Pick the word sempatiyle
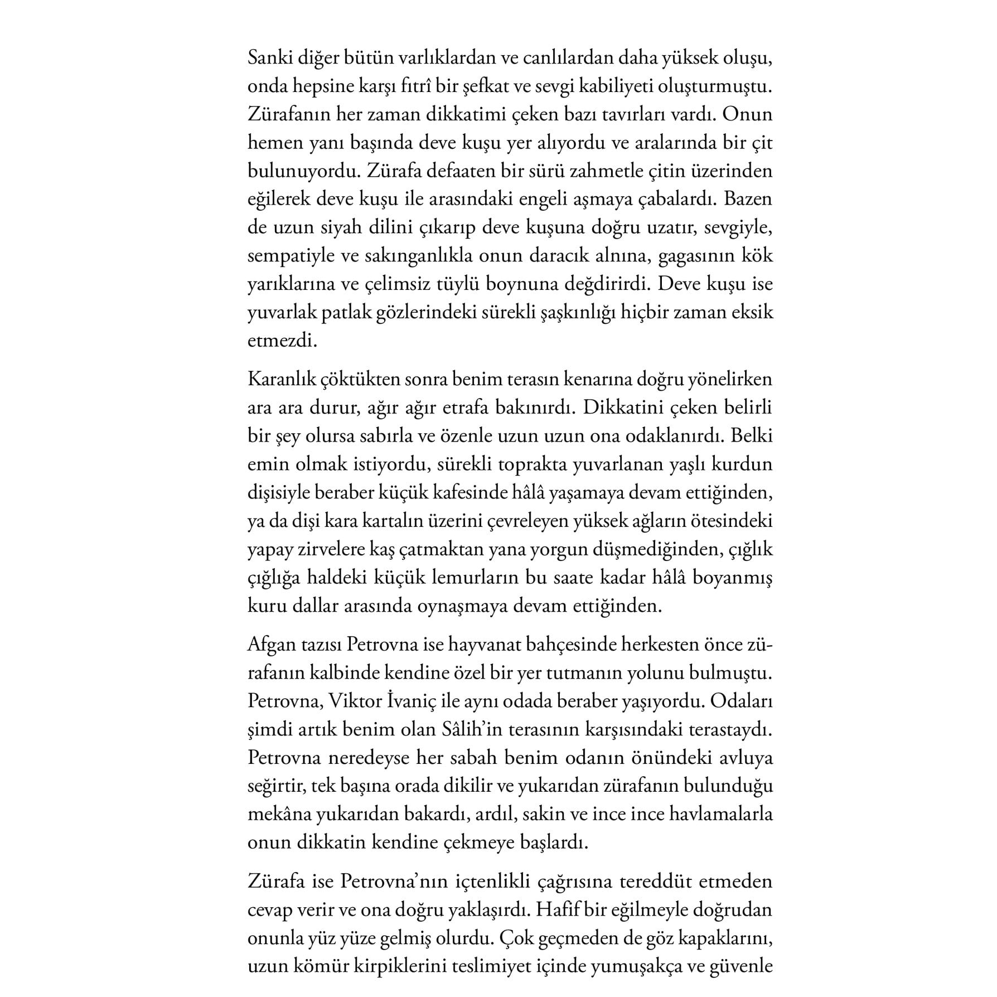point(293,256)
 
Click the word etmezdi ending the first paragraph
point(282,341)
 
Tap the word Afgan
point(270,645)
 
